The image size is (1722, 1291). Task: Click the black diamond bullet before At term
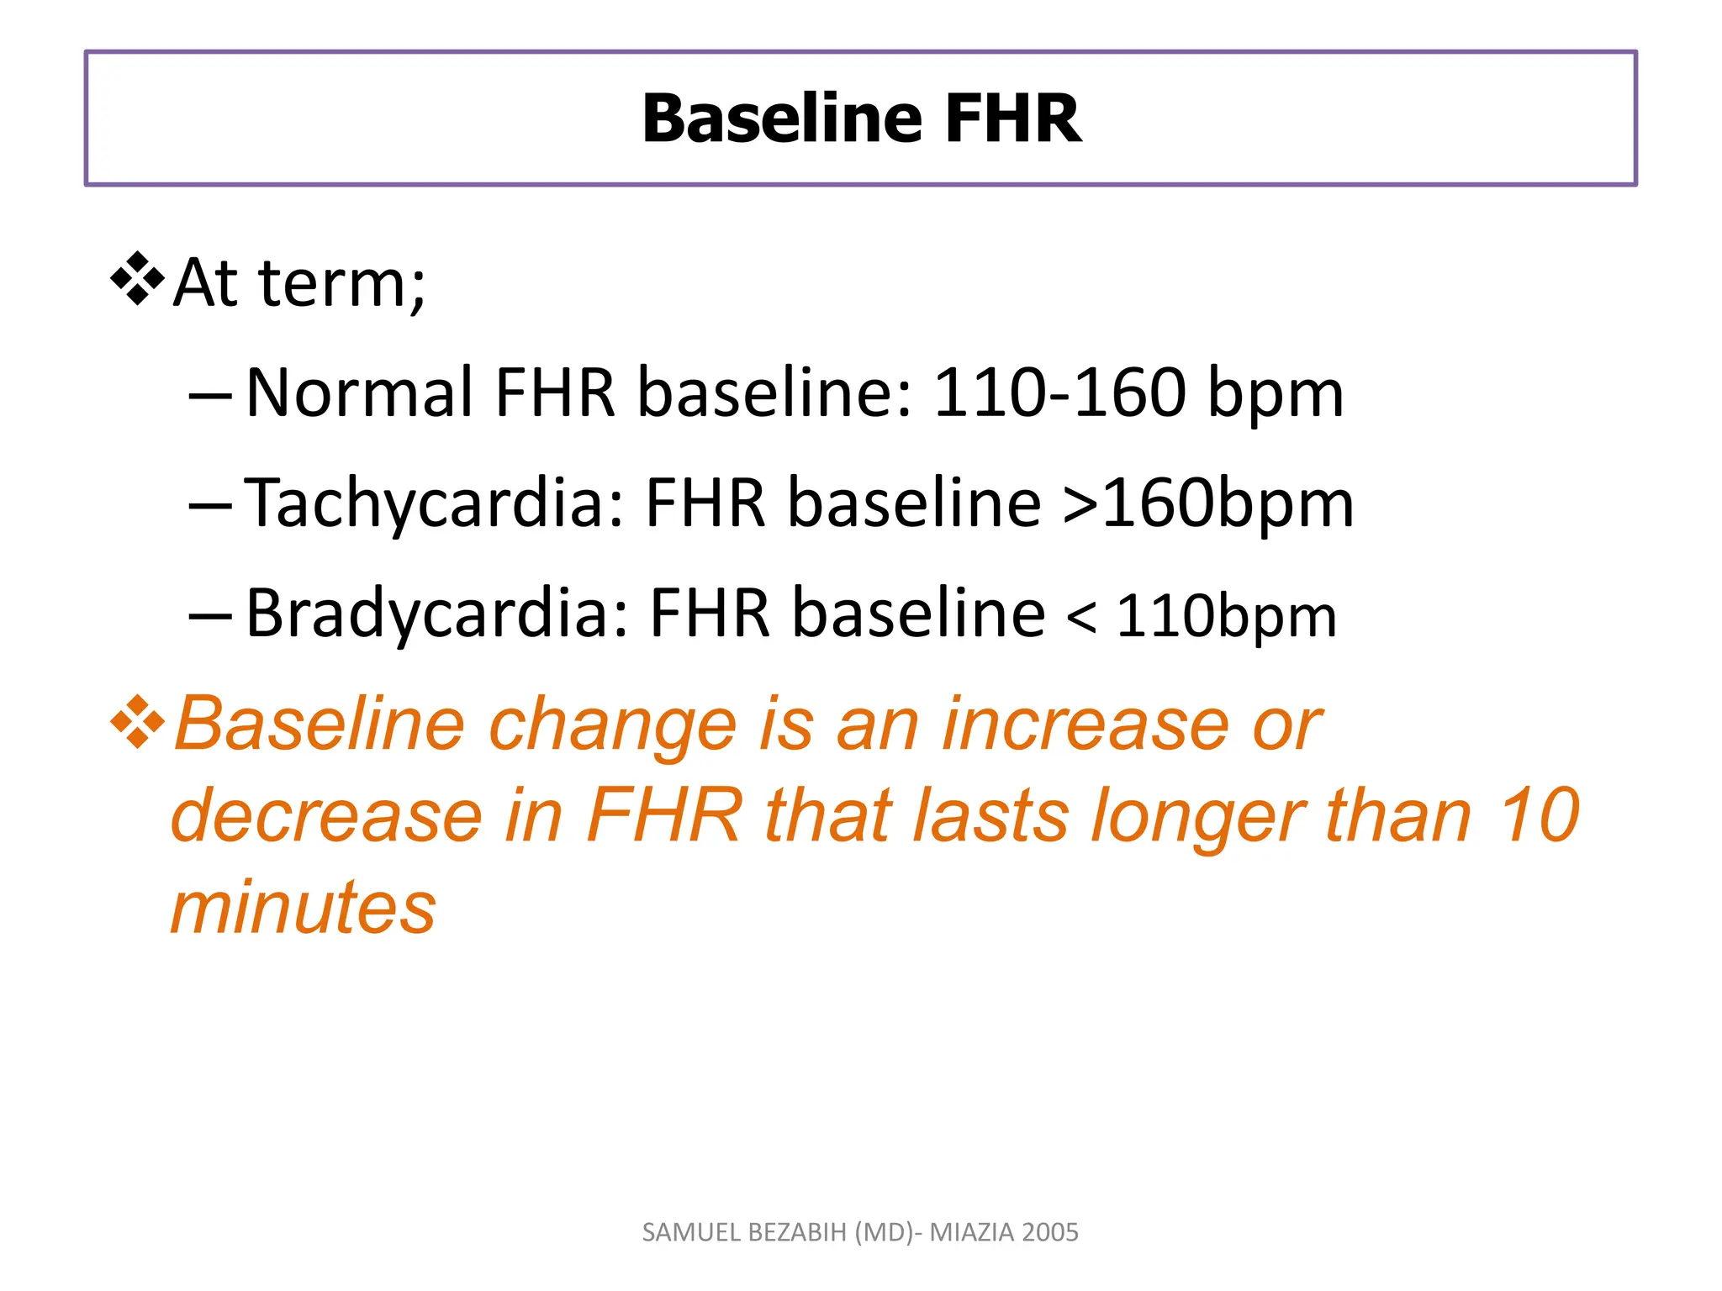[137, 278]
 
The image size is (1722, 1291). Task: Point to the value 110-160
[1060, 393]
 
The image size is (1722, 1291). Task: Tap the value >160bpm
[1208, 503]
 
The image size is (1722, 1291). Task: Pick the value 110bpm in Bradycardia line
[1226, 617]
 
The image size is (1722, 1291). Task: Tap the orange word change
[612, 725]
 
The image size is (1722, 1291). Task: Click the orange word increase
[1085, 725]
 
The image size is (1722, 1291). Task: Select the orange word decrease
[326, 815]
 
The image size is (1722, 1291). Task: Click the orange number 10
[1540, 815]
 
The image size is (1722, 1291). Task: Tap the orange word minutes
[304, 908]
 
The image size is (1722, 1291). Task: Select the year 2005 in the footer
[1051, 1232]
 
